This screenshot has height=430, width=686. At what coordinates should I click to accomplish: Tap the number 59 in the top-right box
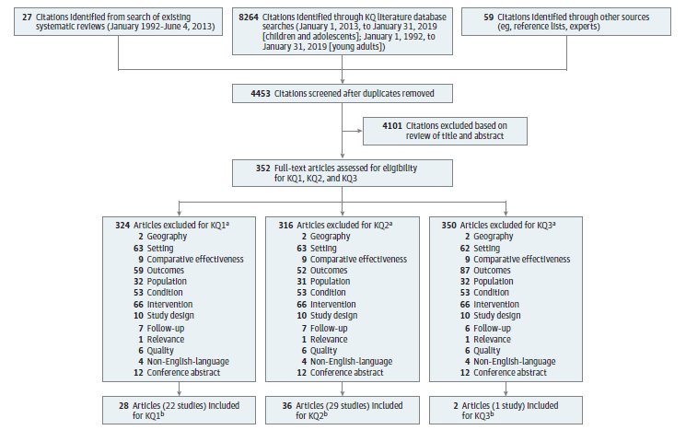469,17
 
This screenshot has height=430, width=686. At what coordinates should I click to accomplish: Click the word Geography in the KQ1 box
167,236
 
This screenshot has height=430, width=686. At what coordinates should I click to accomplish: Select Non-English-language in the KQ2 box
347,360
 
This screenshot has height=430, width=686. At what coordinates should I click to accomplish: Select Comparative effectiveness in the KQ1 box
192,259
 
